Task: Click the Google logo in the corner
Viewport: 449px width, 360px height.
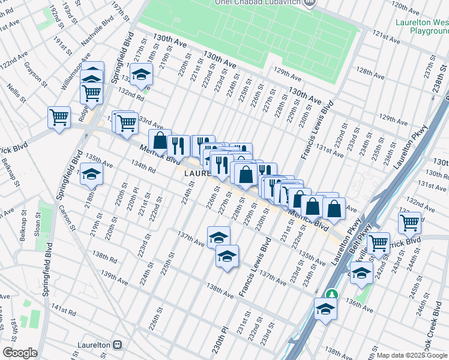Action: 20,353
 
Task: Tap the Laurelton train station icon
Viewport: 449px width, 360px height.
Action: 117,346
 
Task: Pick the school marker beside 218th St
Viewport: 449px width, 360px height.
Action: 92,174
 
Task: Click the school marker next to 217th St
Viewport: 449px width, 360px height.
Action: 142,74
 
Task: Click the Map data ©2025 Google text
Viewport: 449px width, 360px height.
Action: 412,355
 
